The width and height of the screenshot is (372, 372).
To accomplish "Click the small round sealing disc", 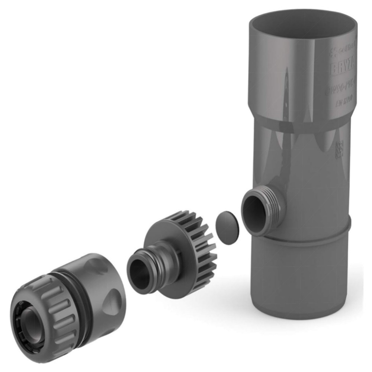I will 226,227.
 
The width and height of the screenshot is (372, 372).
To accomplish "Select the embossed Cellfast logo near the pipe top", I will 342,48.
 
